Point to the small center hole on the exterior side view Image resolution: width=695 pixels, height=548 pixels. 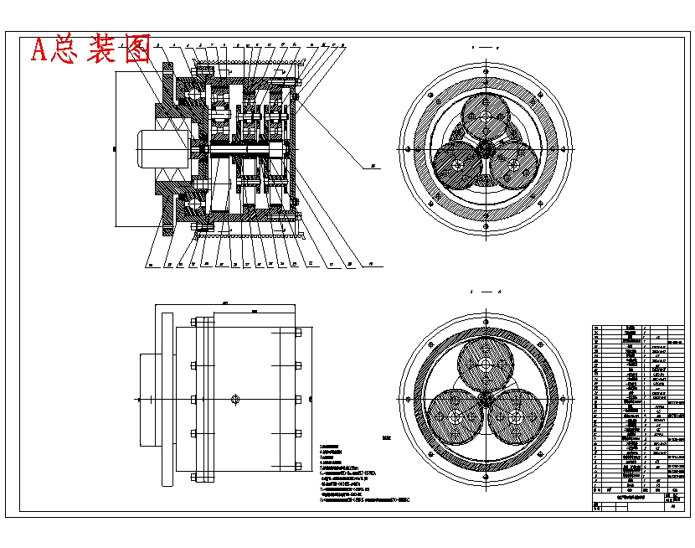236,399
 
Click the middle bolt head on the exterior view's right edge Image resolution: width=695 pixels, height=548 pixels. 297,399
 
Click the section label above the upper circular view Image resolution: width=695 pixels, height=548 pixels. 484,48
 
